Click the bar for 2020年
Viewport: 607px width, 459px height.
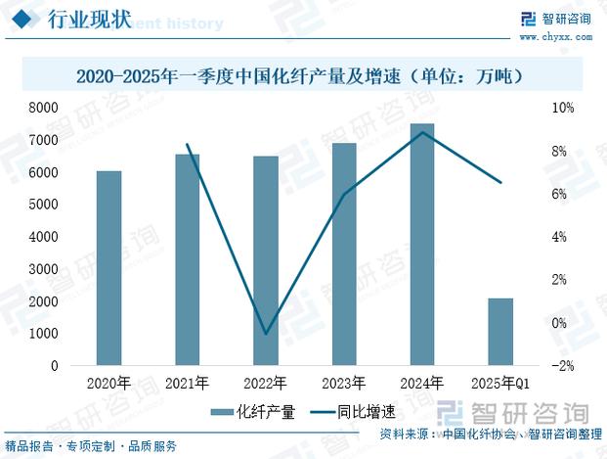[x=109, y=268]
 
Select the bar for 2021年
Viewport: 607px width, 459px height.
[x=188, y=259]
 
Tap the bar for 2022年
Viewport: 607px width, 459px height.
[x=266, y=260]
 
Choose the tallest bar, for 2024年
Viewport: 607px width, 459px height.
[x=422, y=245]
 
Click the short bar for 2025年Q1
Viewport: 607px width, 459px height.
[x=500, y=332]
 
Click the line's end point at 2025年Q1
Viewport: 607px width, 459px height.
[x=500, y=183]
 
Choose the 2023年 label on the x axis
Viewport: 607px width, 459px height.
[x=344, y=383]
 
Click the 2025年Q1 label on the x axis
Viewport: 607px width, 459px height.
[x=500, y=383]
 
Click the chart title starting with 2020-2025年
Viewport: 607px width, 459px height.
[x=303, y=75]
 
